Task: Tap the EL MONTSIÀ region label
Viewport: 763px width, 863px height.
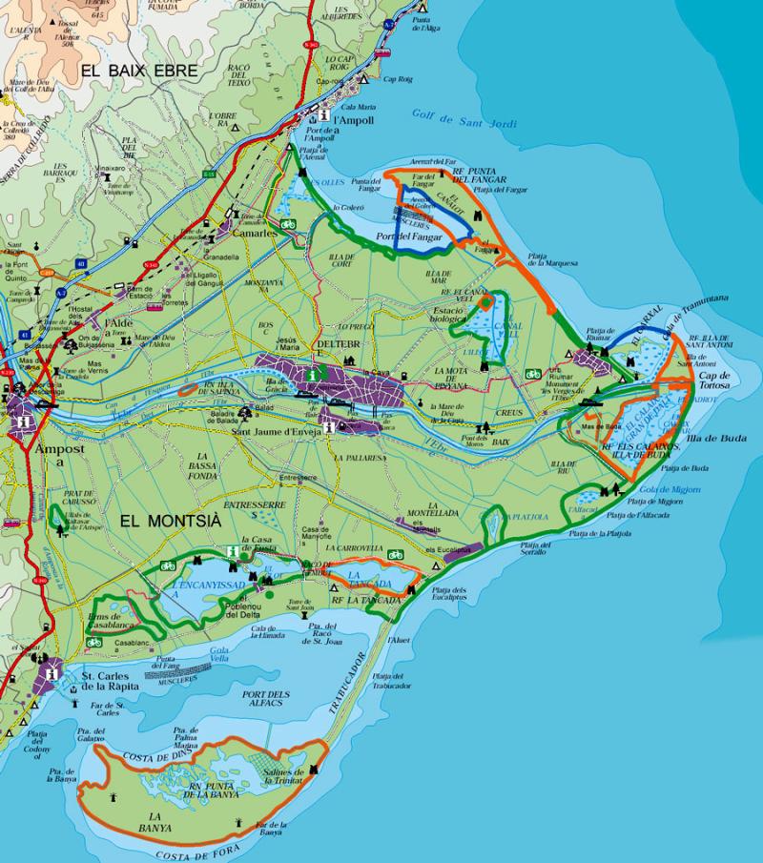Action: tap(168, 520)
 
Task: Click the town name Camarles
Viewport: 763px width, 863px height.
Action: tap(253, 232)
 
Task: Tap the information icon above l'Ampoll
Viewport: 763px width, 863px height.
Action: tap(326, 113)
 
